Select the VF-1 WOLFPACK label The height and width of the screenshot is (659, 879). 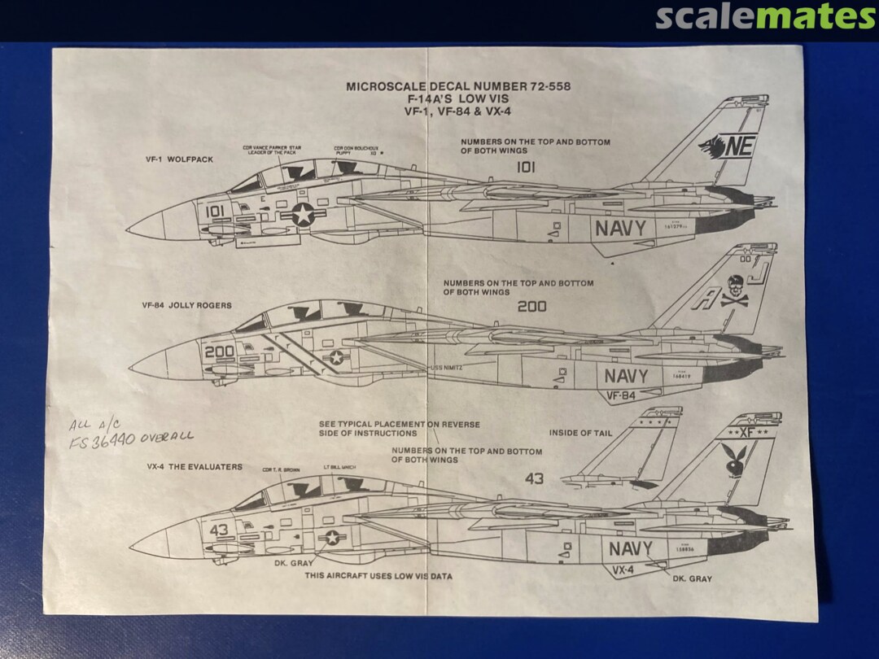coord(180,159)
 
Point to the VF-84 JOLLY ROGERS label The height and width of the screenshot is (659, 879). coord(186,306)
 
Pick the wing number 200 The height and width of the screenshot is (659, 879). coord(531,307)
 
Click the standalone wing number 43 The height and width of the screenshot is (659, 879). coord(534,478)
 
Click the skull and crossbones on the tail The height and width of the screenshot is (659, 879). coord(734,291)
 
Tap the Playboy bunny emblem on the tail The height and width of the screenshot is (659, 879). coord(733,459)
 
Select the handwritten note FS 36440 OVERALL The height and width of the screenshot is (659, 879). coord(132,438)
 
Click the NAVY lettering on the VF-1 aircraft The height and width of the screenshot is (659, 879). coord(619,229)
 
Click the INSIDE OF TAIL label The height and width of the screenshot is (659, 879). coord(580,433)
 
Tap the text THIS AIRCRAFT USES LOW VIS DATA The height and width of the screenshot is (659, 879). coord(378,576)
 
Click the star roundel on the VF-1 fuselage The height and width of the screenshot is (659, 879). coord(303,215)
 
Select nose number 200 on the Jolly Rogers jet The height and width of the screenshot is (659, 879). coord(219,352)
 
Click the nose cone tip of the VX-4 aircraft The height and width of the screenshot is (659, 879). coord(132,544)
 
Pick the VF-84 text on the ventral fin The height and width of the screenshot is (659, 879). coord(620,396)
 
